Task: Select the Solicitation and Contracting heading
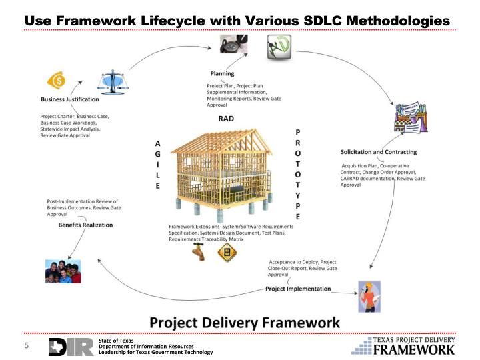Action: click(x=379, y=152)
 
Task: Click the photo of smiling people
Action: click(x=62, y=269)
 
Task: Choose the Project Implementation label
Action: click(x=298, y=289)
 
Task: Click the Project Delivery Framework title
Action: click(x=244, y=322)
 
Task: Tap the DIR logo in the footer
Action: click(x=71, y=347)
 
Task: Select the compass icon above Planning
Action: click(x=225, y=45)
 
